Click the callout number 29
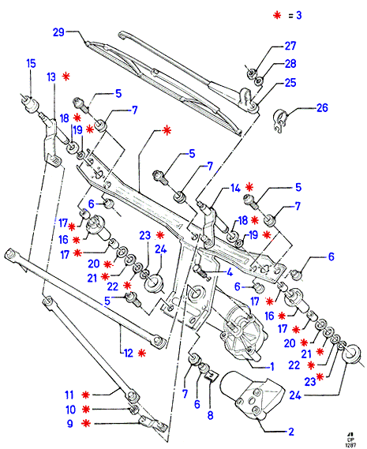(58, 32)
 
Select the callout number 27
(290, 46)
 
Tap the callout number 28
(290, 64)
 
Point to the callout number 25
(290, 83)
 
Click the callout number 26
(322, 108)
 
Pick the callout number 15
(32, 63)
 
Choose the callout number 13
(51, 77)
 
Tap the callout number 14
(235, 188)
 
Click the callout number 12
(129, 353)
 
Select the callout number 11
(69, 395)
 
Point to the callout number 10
(71, 410)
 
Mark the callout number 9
(70, 424)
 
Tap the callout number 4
(230, 272)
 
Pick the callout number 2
(291, 432)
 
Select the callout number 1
(272, 366)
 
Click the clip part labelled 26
(279, 121)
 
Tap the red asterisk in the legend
(277, 15)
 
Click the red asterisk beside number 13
(66, 77)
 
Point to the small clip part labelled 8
(212, 376)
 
